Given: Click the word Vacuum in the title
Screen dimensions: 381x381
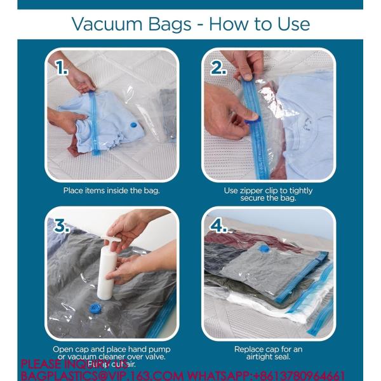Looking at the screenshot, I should pos(102,25).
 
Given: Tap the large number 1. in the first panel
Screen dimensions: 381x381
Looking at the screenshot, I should pos(61,68).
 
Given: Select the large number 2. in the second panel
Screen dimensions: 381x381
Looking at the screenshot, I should pos(219,68).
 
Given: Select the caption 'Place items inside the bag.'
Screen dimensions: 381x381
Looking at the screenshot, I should pos(111,190).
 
